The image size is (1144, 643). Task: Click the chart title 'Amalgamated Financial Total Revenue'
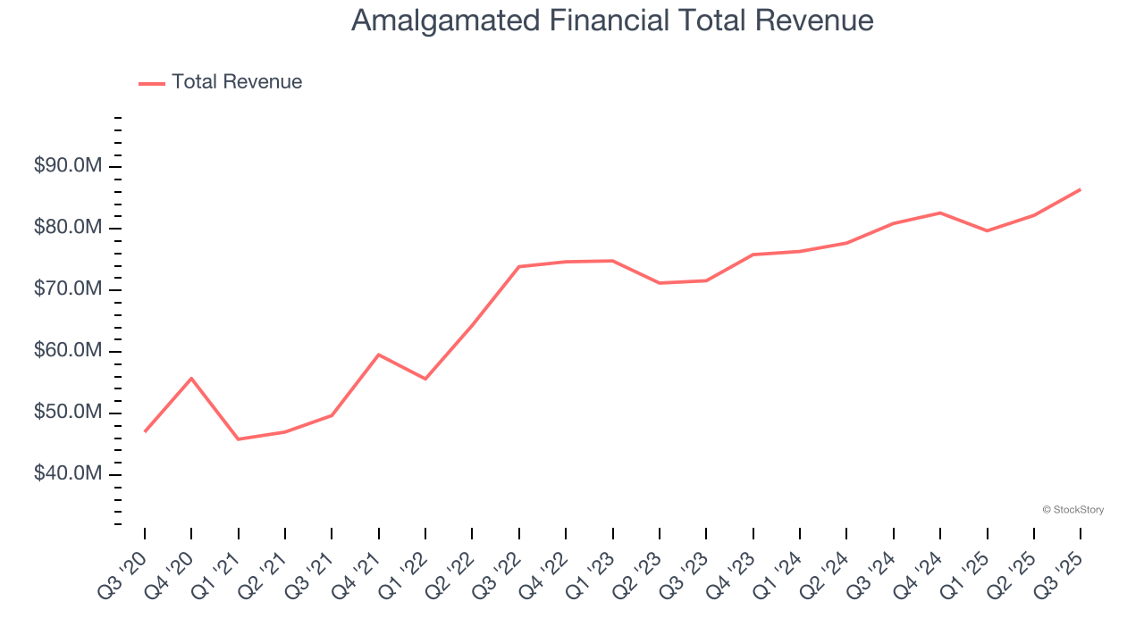tap(612, 21)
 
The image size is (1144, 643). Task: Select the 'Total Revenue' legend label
tap(237, 82)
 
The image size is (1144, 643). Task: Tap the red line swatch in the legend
tap(152, 83)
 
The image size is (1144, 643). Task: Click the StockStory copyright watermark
tap(1072, 510)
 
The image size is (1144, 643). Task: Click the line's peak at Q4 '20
tap(191, 378)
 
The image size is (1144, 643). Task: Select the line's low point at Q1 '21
tap(238, 438)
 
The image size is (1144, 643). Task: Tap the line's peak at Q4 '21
tap(379, 355)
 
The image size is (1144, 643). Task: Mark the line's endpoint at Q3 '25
tap(1080, 189)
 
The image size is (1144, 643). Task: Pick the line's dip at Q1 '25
tap(987, 230)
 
